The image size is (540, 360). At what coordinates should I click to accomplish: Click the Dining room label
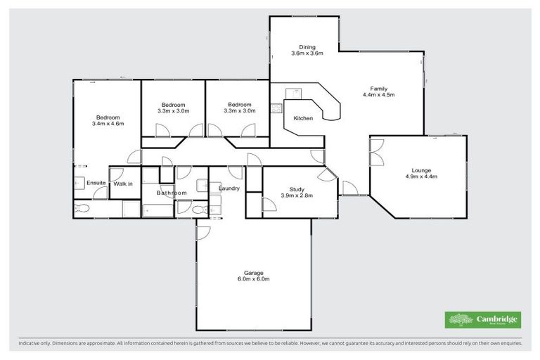coord(298,47)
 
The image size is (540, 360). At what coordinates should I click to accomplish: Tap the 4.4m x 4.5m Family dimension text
coord(374,95)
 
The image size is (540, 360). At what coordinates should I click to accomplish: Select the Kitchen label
coord(303,118)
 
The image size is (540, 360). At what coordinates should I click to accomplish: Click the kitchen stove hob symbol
coord(276,108)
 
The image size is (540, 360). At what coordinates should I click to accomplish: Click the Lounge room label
coord(421,170)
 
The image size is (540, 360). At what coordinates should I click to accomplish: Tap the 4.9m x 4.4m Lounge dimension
coord(421,176)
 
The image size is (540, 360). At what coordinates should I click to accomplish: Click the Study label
coord(296,188)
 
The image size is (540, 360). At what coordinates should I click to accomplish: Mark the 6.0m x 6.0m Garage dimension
coord(253,279)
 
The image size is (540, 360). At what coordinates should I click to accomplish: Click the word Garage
coord(253,273)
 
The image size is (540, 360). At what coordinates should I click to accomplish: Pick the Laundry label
coord(230,188)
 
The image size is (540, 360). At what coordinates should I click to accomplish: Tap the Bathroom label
coord(172,193)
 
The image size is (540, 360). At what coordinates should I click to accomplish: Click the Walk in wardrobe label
coord(123,184)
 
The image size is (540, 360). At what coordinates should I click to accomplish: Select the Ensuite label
coord(96,184)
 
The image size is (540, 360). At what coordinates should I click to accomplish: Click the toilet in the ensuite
coord(82,209)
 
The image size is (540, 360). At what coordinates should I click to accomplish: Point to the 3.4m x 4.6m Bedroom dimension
coord(108,124)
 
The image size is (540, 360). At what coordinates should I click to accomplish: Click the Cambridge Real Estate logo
coord(482,320)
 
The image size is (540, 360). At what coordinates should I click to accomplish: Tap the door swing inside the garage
coord(203,233)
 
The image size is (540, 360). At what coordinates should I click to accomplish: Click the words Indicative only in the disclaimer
coord(38,344)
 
